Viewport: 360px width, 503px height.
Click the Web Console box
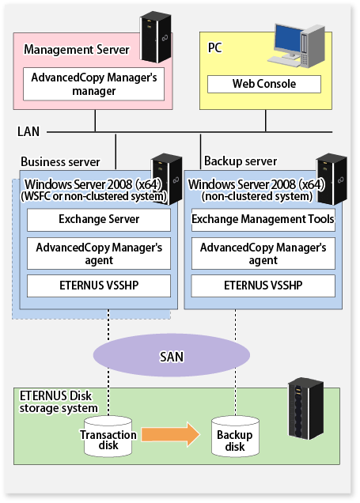pos(264,84)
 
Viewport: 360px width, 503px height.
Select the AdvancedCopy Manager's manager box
pos(93,84)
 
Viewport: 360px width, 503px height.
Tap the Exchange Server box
pos(99,220)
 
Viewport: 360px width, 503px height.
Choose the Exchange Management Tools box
pos(263,220)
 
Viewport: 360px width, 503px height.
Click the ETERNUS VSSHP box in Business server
pos(99,286)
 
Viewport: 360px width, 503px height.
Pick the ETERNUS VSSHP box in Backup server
pos(263,286)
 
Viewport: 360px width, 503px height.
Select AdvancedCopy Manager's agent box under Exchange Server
pos(99,253)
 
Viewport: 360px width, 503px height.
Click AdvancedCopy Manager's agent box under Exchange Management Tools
pos(263,253)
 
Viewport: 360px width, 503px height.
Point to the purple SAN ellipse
pos(172,355)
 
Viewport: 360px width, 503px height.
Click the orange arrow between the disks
pos(171,435)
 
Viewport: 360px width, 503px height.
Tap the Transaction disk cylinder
pos(108,437)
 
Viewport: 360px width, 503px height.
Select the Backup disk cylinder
pos(235,437)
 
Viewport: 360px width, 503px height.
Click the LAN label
pos(28,131)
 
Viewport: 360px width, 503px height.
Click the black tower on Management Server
pos(156,37)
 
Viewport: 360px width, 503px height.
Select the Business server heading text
pos(60,161)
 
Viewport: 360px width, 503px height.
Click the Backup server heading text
pos(241,161)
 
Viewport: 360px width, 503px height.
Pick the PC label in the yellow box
pos(214,47)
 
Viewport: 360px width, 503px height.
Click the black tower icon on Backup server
pos(332,179)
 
